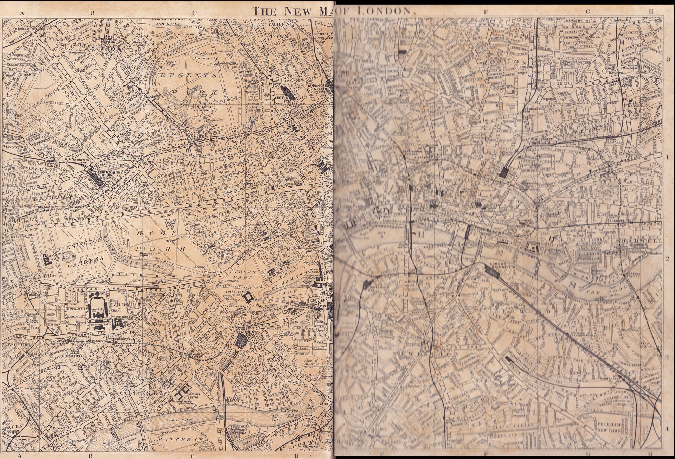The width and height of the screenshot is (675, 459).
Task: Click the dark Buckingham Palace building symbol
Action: coord(249,298)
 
